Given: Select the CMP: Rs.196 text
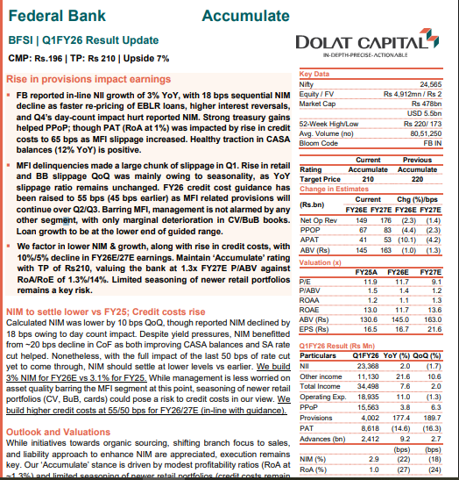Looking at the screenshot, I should [34, 59].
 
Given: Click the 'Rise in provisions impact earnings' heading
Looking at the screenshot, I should [86, 79].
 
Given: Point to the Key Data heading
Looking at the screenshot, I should [317, 75].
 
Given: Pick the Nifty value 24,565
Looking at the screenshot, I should [429, 83].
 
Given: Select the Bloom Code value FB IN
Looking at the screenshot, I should [432, 143].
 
